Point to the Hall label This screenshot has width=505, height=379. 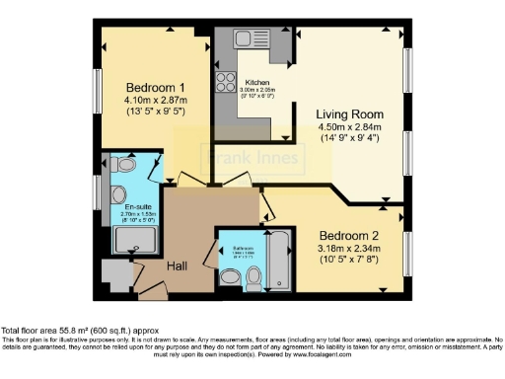coord(177,265)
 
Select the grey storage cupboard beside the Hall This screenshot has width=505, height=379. coord(115,272)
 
